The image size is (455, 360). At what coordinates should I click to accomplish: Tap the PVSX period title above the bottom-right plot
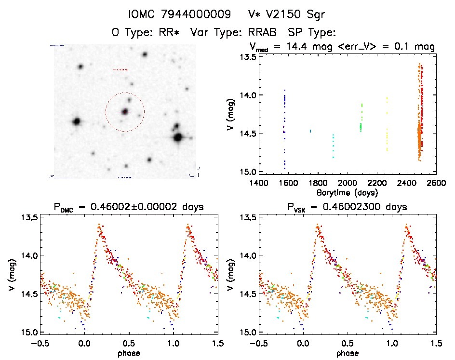coord(348,207)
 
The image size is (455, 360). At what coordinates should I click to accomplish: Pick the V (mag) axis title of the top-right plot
coord(232,114)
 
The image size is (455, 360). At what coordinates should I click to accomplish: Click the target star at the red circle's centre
coord(125,111)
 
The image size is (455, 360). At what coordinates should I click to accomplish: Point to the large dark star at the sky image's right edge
coord(178,137)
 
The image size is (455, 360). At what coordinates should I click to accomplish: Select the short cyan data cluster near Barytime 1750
coord(310,131)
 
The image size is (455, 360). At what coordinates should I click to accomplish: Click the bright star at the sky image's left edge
coord(76,121)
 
